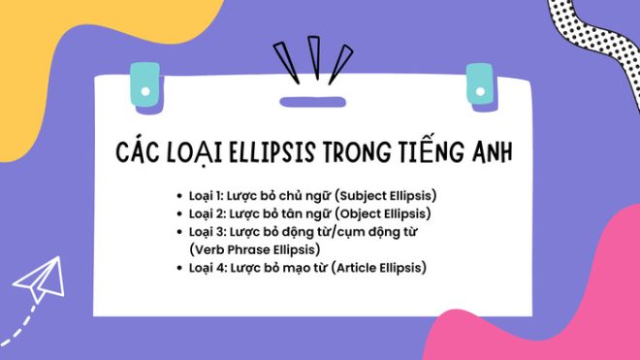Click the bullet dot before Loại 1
[x=180, y=195]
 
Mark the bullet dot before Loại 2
[x=180, y=213]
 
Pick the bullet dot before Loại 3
[x=180, y=231]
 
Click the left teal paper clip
[x=143, y=82]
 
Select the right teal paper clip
[x=479, y=83]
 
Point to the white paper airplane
[x=39, y=281]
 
